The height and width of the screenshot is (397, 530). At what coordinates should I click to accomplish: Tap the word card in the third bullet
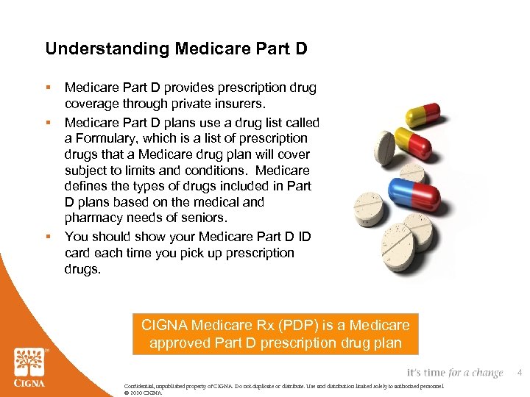coord(79,253)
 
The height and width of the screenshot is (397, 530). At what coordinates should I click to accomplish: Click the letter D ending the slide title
coord(301,49)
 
